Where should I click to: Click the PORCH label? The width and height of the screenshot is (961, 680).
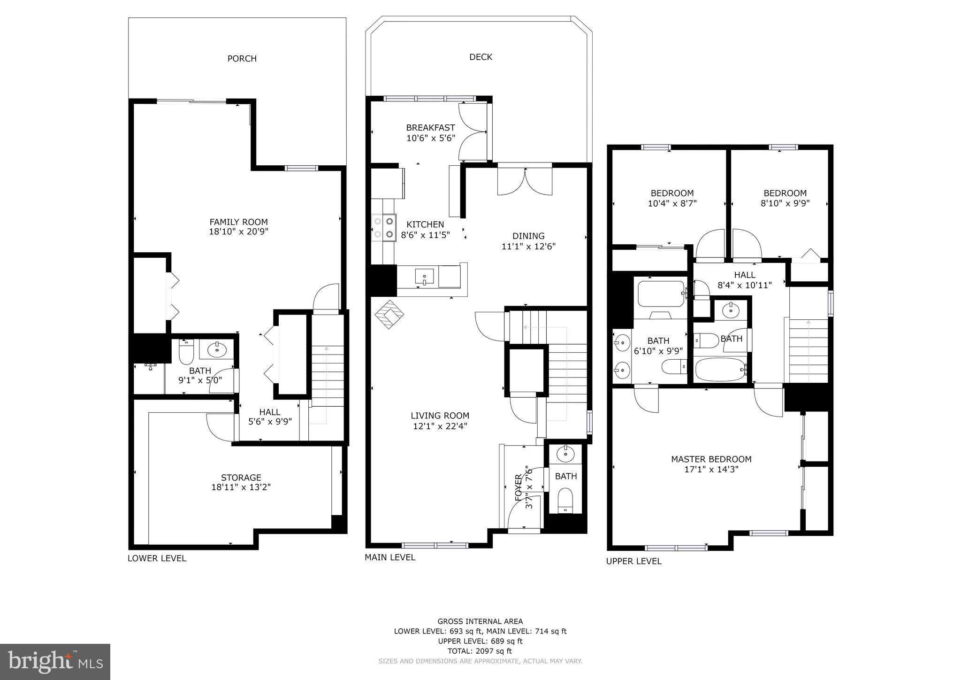click(242, 59)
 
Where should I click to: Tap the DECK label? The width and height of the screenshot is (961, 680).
click(480, 57)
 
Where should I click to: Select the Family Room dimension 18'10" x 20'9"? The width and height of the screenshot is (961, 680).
click(238, 232)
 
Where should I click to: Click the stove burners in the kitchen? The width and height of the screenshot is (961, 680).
click(383, 227)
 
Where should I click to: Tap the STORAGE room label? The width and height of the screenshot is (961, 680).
click(241, 478)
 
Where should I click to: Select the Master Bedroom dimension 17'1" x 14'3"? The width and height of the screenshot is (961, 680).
click(711, 469)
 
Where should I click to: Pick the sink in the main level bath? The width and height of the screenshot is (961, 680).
click(565, 454)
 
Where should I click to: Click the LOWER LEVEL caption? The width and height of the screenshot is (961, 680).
click(157, 558)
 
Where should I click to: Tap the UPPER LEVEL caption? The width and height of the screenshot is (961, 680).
click(633, 561)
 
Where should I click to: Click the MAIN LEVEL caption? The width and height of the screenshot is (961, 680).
click(389, 557)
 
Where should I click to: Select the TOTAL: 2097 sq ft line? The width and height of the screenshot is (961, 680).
click(480, 651)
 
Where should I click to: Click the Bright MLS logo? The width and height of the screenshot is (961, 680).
click(55, 662)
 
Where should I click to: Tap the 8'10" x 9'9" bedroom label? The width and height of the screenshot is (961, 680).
click(785, 203)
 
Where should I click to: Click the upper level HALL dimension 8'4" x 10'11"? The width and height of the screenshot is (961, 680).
click(744, 285)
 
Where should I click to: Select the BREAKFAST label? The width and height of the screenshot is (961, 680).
click(430, 128)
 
